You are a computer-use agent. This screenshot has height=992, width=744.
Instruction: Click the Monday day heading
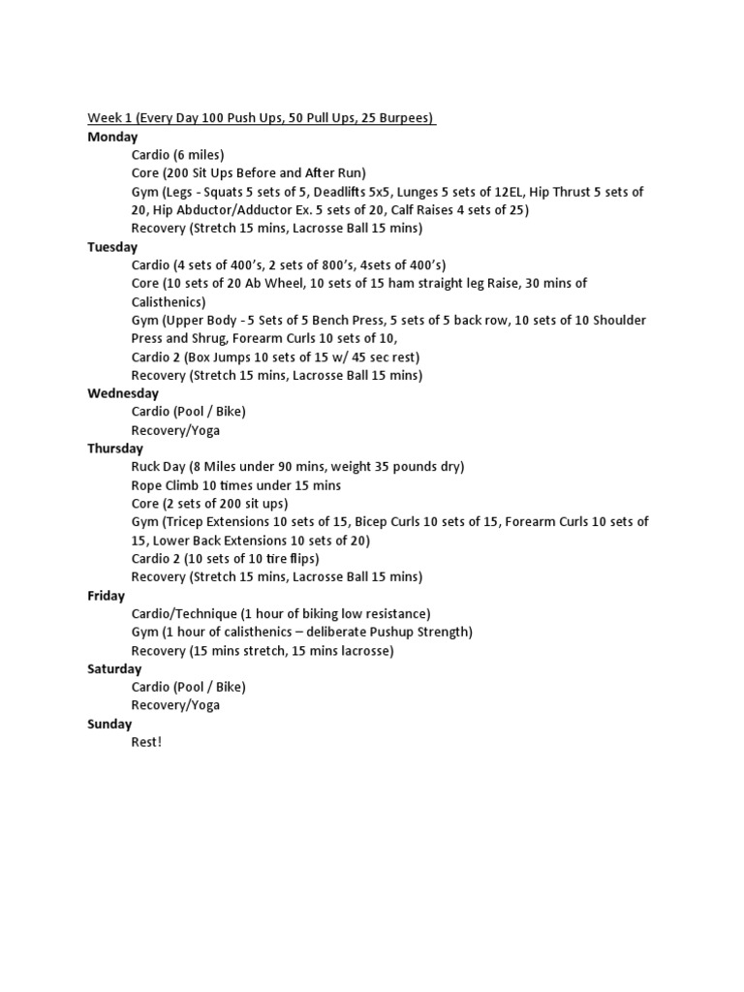click(112, 137)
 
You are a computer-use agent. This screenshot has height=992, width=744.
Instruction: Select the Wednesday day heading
click(122, 393)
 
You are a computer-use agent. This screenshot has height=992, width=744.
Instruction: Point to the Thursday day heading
click(115, 449)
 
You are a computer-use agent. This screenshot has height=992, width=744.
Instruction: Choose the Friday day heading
click(107, 596)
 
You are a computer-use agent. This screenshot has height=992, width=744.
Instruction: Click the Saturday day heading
click(114, 668)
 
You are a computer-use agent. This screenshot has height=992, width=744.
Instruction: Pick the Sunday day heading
click(109, 724)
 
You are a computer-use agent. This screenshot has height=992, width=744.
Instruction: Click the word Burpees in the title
click(408, 118)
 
